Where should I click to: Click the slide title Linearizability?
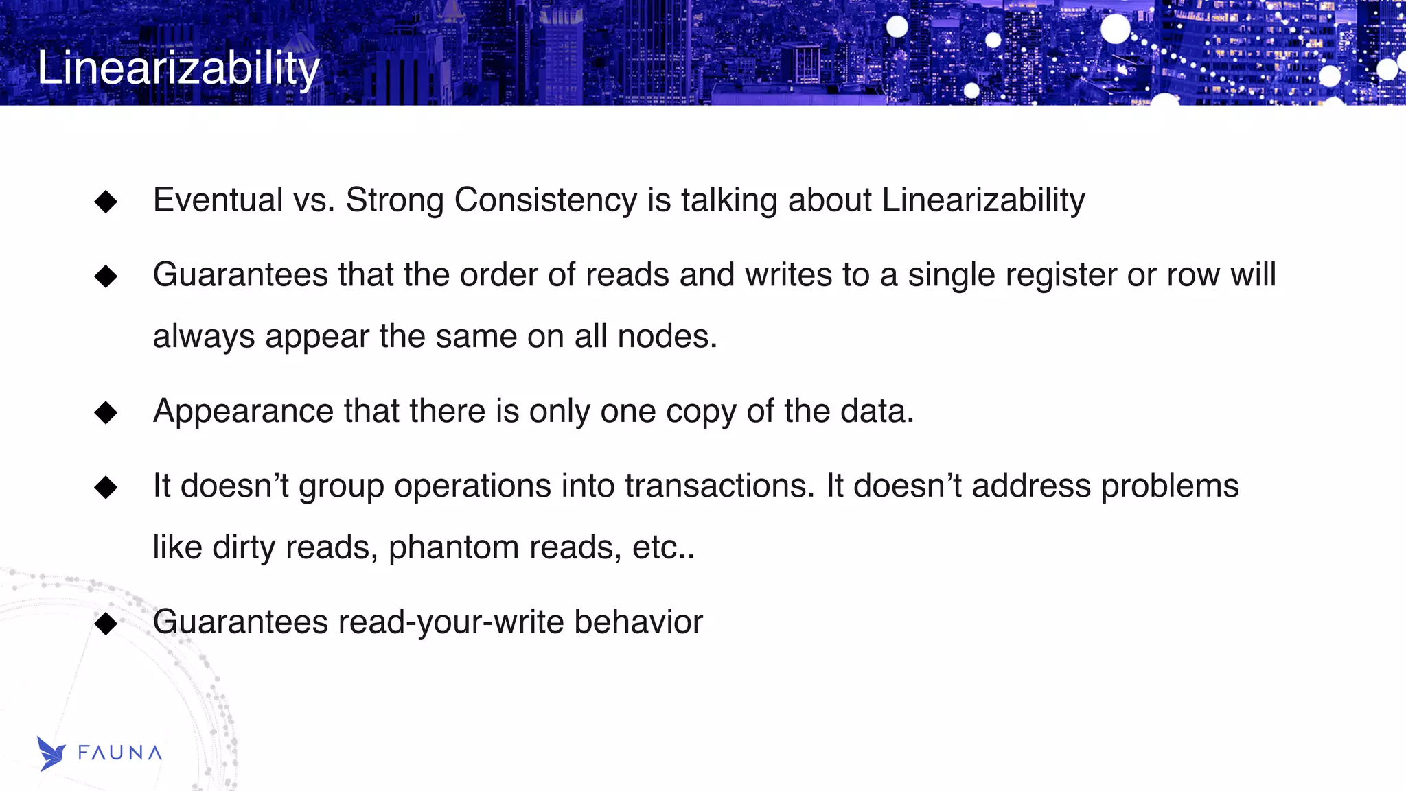(x=178, y=68)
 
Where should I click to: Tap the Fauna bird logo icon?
(x=51, y=753)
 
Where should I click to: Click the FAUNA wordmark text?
(x=120, y=753)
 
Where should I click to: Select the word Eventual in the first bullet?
(x=218, y=200)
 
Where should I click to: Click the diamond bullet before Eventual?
(x=106, y=202)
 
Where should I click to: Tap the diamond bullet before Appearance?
(x=106, y=413)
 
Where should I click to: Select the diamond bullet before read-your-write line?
(x=106, y=624)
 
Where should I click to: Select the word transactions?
(x=719, y=486)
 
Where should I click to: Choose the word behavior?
(x=638, y=622)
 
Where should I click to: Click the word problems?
(x=1170, y=486)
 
